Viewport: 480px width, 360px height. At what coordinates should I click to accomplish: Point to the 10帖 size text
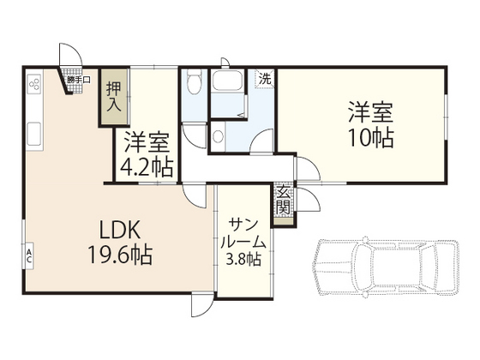click(369, 136)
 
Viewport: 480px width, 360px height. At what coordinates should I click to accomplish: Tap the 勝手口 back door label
click(79, 81)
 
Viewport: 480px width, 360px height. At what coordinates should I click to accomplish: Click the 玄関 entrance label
click(284, 201)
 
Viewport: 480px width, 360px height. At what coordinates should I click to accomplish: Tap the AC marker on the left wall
click(28, 254)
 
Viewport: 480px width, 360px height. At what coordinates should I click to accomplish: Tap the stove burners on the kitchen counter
click(35, 87)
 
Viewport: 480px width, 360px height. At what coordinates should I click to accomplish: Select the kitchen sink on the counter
click(35, 133)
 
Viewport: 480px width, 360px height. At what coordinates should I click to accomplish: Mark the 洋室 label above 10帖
click(369, 111)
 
